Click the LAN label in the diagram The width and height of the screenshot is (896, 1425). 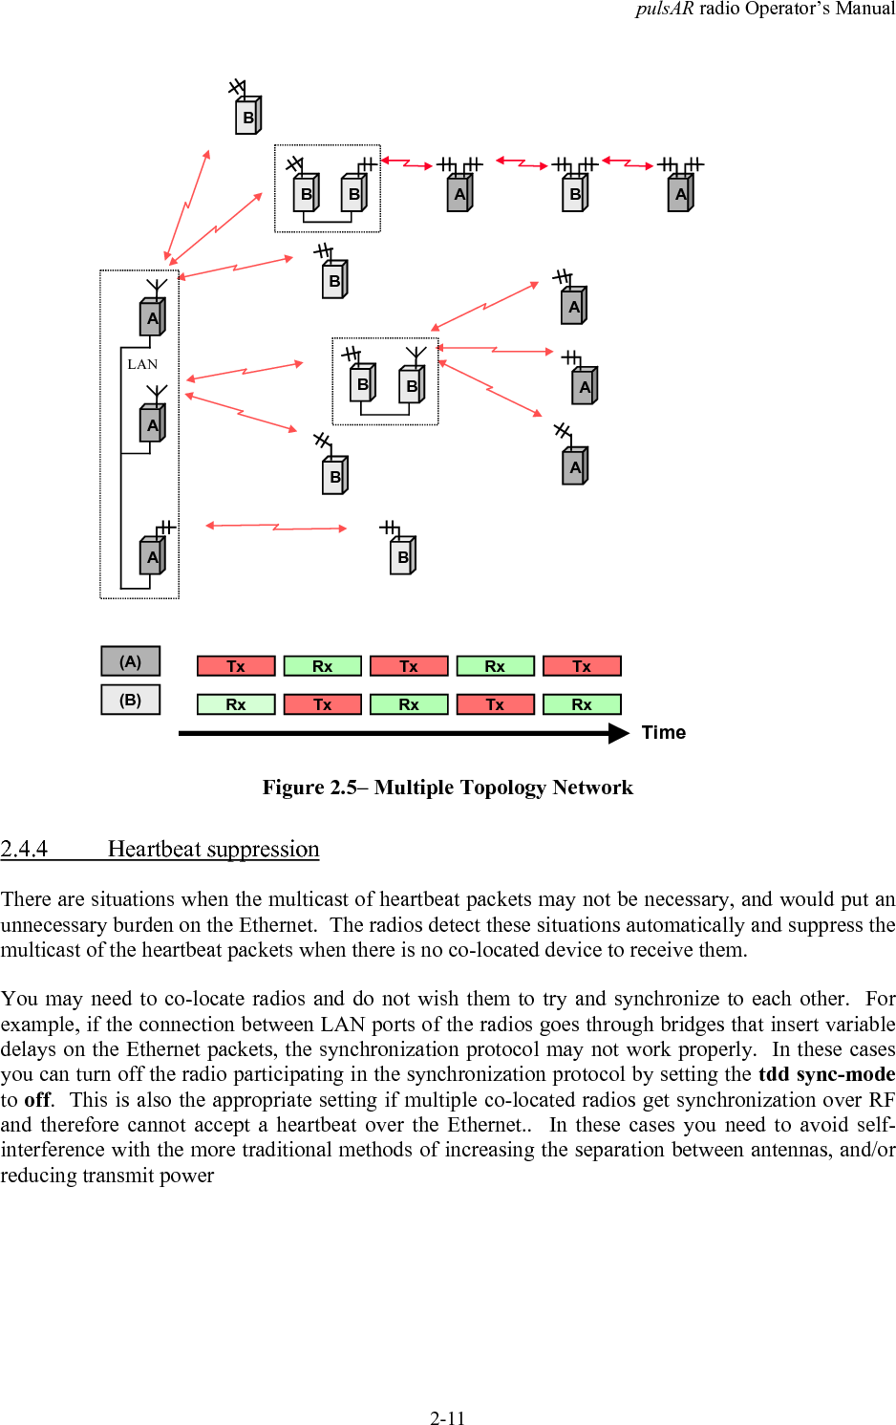142,364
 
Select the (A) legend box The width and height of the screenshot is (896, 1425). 130,661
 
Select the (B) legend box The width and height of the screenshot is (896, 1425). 130,700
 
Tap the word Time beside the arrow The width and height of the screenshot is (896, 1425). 663,732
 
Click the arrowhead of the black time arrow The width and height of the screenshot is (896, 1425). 619,733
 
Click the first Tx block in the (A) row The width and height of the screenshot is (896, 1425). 236,666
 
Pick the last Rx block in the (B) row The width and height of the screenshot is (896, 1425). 582,704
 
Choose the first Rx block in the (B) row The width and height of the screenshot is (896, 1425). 236,704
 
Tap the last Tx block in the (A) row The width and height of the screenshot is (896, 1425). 582,666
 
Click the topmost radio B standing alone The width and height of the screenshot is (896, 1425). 248,117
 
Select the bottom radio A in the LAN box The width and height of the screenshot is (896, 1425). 153,556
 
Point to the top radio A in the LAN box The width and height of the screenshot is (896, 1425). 153,317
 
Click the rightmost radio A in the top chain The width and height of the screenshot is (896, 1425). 680,193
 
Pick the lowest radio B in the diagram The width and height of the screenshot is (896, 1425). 403,556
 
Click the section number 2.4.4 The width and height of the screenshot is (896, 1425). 24,849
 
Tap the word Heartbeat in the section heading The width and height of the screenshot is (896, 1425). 155,849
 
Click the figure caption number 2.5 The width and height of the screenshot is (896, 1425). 343,788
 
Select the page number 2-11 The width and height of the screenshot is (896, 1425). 447,1418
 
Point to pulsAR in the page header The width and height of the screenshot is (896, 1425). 664,9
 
